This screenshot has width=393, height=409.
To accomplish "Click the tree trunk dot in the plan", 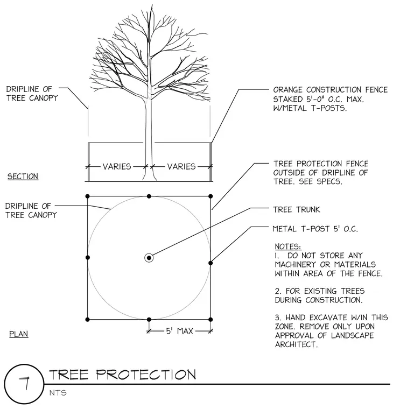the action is pyautogui.click(x=149, y=258).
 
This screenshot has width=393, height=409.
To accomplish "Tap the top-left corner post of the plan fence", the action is pyautogui.click(x=87, y=196).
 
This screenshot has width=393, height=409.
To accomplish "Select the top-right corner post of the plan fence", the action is pyautogui.click(x=210, y=196).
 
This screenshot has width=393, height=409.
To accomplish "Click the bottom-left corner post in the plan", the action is pyautogui.click(x=87, y=319).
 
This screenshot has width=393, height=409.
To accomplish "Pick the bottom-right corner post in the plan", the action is pyautogui.click(x=210, y=319).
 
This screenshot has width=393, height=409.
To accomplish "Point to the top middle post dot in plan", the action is pyautogui.click(x=149, y=196).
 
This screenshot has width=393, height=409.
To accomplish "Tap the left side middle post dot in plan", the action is pyautogui.click(x=88, y=257).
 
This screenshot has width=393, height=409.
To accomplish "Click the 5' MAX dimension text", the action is pyautogui.click(x=179, y=331).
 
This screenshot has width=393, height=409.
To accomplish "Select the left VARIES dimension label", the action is pyautogui.click(x=117, y=166).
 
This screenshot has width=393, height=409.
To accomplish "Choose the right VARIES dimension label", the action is pyautogui.click(x=181, y=166).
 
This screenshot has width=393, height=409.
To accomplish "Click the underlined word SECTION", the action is pyautogui.click(x=23, y=177).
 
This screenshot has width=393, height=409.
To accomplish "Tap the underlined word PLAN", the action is pyautogui.click(x=18, y=334).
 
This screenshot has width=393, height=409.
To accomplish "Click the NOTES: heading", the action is pyautogui.click(x=288, y=246).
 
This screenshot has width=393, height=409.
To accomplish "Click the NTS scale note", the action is pyautogui.click(x=58, y=393).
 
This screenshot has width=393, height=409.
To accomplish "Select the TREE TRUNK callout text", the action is pyautogui.click(x=297, y=209).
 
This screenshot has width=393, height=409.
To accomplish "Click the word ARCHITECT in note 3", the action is pyautogui.click(x=297, y=344).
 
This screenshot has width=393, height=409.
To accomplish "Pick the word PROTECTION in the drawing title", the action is pyautogui.click(x=146, y=375).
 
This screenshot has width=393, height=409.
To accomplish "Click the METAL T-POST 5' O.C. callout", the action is pyautogui.click(x=315, y=229).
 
